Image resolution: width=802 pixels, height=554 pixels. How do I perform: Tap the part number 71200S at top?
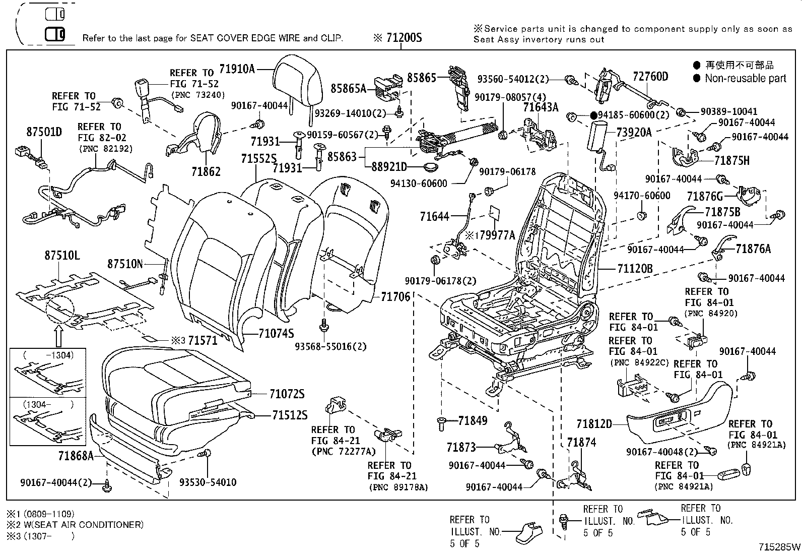point(403,38)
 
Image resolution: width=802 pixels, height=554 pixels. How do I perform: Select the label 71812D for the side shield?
point(594,424)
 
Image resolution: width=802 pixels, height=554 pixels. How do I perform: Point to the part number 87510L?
point(61,256)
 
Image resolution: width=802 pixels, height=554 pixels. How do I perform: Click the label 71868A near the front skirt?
point(76,456)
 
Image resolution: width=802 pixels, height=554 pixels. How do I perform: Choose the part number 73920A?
point(634,132)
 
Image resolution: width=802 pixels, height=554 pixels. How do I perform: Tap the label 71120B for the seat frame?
point(634,269)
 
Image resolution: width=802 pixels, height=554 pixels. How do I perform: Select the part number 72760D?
point(650,77)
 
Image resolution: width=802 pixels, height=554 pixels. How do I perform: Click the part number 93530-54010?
point(208,482)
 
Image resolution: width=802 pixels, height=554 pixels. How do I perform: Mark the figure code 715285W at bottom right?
point(780,546)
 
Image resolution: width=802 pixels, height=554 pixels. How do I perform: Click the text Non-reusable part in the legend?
point(745,78)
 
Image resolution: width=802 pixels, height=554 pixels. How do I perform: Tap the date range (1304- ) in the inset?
point(48,404)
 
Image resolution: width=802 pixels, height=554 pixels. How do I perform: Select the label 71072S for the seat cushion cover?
point(287,394)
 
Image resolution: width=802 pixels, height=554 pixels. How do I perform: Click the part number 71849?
point(473,420)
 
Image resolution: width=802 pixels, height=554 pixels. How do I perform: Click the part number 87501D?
point(44,132)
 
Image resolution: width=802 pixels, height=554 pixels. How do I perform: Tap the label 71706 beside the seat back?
point(395,297)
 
